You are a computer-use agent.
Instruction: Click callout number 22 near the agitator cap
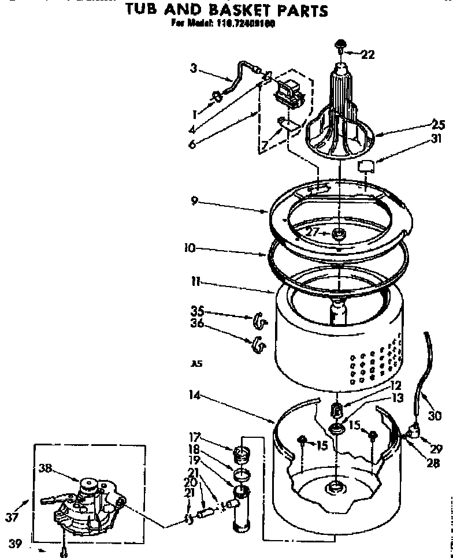coord(367,55)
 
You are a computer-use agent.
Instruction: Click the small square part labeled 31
coord(366,167)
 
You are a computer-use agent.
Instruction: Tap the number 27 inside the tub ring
coord(313,232)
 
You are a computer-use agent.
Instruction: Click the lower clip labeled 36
coord(258,345)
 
